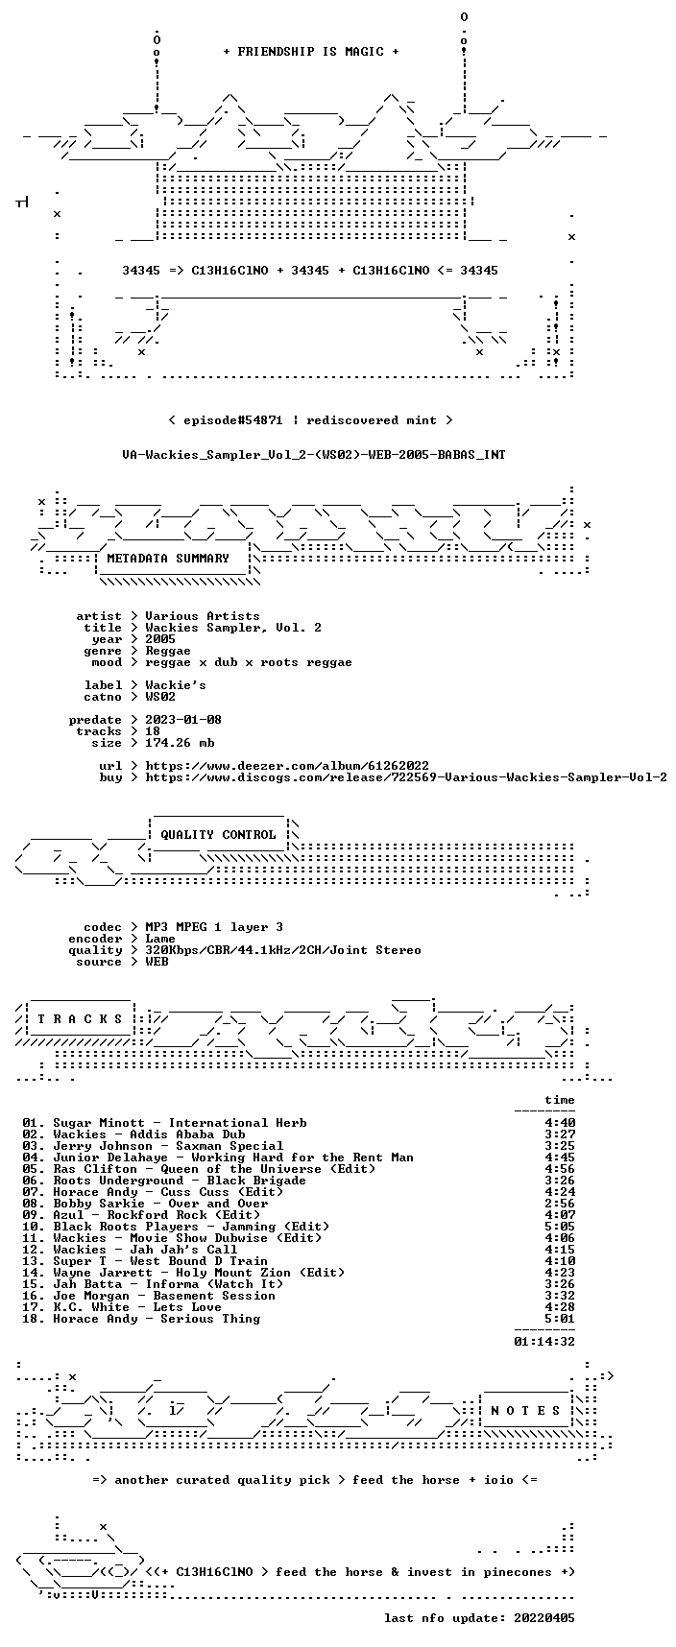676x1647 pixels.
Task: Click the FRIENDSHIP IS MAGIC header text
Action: [x=311, y=52]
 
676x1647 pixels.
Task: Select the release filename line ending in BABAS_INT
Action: [x=314, y=455]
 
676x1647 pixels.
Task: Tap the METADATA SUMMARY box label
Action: [x=168, y=559]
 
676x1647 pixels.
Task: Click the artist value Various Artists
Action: [x=203, y=616]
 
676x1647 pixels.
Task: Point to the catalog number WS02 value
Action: [x=160, y=697]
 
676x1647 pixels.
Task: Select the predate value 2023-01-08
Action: [x=183, y=720]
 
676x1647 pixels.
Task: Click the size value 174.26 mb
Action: [x=180, y=743]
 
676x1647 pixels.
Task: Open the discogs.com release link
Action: [x=406, y=777]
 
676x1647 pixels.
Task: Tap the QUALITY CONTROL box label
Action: [x=218, y=835]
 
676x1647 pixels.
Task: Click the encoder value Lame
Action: [x=160, y=939]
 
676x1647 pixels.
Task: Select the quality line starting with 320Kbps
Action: [x=283, y=950]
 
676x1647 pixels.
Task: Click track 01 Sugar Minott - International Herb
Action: [x=164, y=1123]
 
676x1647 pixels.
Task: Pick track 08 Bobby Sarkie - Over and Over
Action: [x=145, y=1204]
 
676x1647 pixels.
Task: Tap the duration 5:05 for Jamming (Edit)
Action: [x=560, y=1227]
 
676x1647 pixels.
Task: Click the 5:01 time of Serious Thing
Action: [x=560, y=1319]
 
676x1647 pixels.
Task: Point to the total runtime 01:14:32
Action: [x=544, y=1342]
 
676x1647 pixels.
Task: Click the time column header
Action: [x=560, y=1100]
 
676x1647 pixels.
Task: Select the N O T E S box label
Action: [x=525, y=1411]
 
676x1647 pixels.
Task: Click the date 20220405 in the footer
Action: [x=544, y=1618]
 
